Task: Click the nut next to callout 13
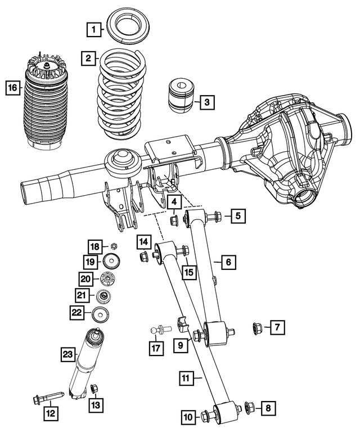[94, 388]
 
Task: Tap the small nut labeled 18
[114, 246]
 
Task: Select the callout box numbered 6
[228, 262]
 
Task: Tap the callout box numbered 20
[85, 279]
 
